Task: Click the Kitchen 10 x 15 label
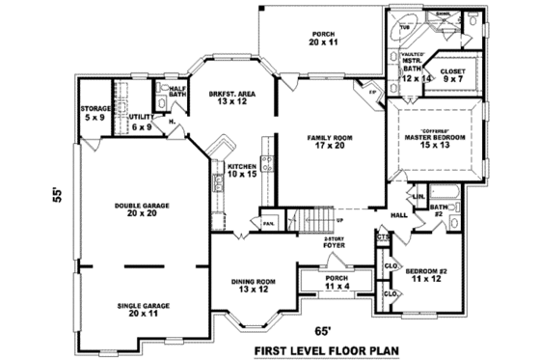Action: pyautogui.click(x=241, y=171)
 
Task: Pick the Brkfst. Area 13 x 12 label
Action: pyautogui.click(x=230, y=97)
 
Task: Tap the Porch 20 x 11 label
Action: pyautogui.click(x=323, y=40)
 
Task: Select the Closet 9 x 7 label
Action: pyautogui.click(x=454, y=76)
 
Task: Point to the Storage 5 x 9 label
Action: pyautogui.click(x=94, y=113)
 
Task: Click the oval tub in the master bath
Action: pyautogui.click(x=405, y=29)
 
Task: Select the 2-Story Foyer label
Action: pyautogui.click(x=335, y=243)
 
